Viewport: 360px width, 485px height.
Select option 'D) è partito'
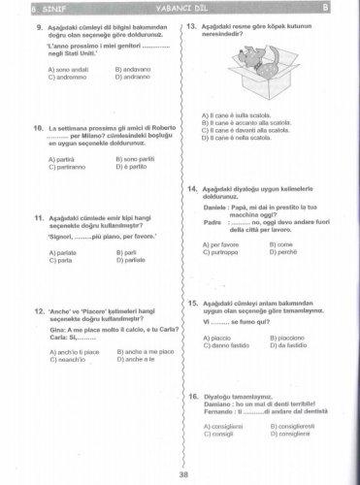tap(134, 165)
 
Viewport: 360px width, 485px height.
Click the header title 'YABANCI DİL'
tap(180, 6)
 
